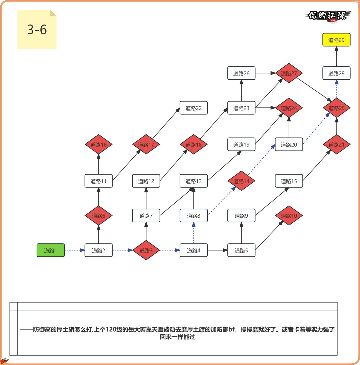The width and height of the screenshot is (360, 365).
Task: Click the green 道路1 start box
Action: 51,250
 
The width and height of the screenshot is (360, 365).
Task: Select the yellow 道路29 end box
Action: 336,40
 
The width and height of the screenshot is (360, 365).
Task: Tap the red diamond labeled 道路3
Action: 146,250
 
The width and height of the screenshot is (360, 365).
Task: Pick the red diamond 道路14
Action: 241,181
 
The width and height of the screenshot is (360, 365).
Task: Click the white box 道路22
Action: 194,108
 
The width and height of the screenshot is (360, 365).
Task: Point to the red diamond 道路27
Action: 289,73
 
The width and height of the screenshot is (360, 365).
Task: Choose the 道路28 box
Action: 336,73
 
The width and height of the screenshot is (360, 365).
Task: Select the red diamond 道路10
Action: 289,216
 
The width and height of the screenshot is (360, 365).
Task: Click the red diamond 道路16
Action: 98,144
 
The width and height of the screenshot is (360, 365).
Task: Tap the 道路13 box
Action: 194,181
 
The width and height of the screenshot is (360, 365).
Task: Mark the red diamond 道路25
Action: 336,108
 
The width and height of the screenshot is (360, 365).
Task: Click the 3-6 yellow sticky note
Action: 37,30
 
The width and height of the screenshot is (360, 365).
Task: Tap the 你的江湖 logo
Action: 328,16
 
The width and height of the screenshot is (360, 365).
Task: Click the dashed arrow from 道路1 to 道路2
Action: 75,250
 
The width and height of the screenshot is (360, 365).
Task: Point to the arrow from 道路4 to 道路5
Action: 217,250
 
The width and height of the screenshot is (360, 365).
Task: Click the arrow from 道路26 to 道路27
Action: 265,73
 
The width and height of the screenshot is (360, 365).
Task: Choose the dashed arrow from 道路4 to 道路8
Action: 194,233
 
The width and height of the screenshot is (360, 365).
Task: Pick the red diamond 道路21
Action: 336,144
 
